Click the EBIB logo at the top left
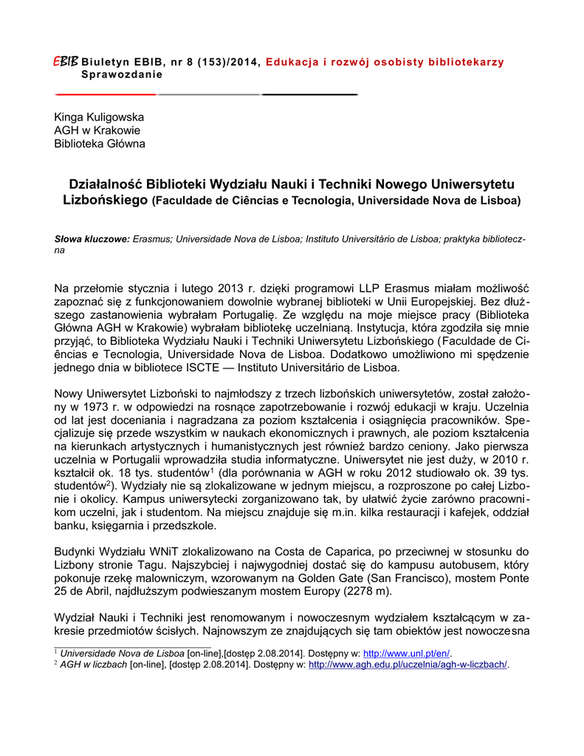66,61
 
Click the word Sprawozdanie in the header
122,75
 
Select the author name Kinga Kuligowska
99,117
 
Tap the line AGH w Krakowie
97,131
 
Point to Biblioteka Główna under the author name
100,144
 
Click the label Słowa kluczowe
92,239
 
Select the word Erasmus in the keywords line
152,239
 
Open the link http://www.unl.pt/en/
407,653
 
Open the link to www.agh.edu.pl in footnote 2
408,664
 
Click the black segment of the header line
310,95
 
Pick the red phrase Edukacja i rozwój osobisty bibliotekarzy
385,62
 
